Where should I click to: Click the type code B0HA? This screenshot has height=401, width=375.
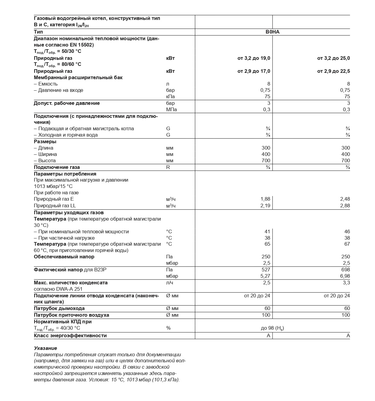point(272,32)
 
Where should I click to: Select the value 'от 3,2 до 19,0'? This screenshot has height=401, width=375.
point(254,58)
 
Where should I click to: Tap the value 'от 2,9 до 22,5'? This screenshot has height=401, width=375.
point(333,71)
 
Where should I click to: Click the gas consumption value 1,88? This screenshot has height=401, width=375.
point(265,199)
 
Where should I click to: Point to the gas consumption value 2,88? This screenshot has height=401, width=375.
point(345,205)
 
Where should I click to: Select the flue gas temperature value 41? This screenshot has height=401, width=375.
point(267,231)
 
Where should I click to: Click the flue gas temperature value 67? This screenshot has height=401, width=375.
point(347,244)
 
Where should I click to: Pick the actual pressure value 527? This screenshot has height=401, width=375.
point(266,270)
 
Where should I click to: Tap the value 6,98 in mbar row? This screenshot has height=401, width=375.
point(345,276)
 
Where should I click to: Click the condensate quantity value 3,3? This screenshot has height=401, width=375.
point(346,283)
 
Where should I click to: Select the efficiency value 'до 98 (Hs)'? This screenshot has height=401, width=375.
point(272,328)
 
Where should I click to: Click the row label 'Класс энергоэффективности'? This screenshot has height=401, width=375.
point(70,335)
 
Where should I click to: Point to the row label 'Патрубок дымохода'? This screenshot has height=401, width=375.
point(59,308)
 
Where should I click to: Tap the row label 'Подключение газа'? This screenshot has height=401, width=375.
point(57,167)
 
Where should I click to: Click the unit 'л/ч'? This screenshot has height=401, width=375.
point(170,283)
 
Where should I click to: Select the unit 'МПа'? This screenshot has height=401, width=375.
point(171,109)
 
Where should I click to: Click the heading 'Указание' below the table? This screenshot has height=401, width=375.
point(45,348)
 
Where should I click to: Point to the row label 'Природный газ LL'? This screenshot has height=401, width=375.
point(55,205)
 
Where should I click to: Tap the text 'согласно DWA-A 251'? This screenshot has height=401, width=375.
point(58,289)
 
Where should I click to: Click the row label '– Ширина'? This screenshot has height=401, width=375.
point(45,154)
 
